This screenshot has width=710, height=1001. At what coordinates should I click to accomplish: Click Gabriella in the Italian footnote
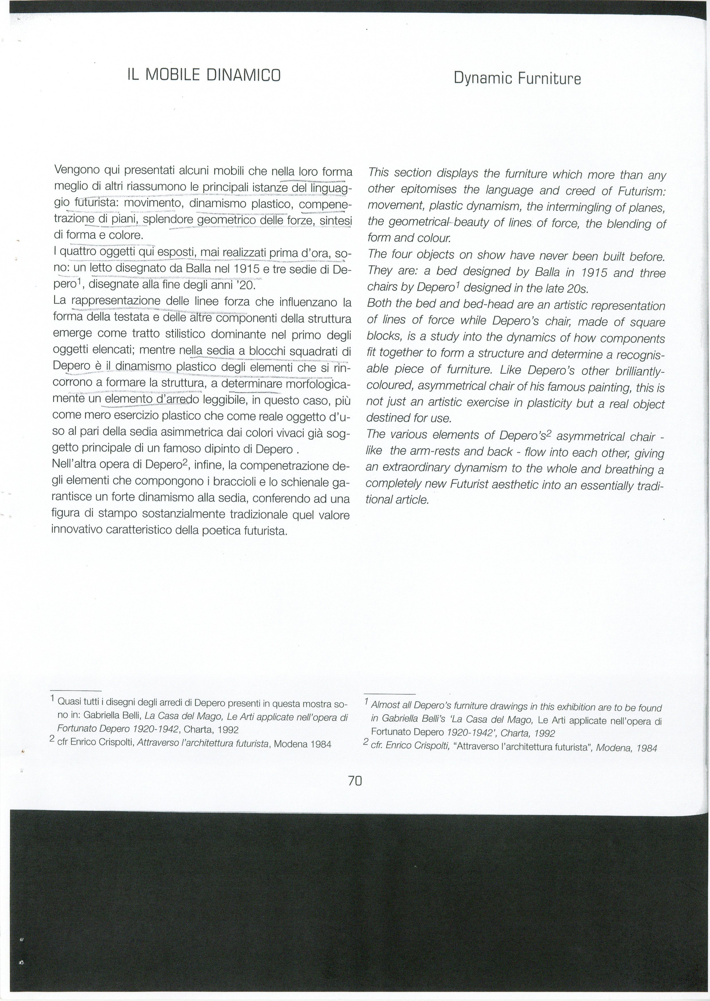click(x=100, y=716)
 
